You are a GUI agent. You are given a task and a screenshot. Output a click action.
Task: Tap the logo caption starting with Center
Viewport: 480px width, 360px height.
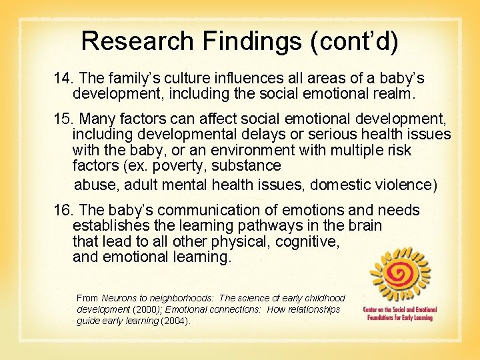(398, 314)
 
